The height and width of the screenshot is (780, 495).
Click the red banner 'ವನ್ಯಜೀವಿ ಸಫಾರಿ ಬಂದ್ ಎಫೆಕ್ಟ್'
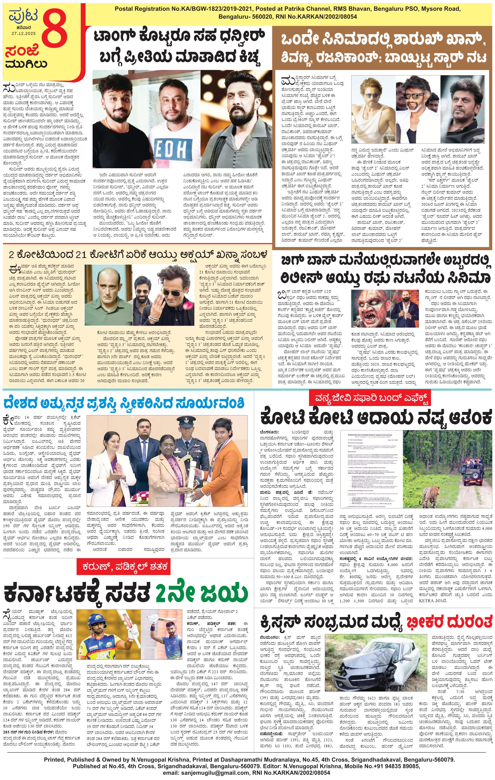(x=369, y=398)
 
